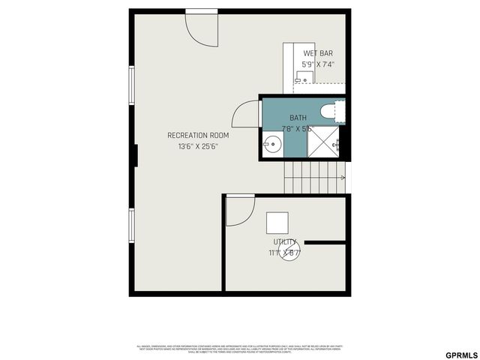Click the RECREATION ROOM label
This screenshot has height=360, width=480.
(198, 135)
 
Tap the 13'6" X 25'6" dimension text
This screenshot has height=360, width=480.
(198, 147)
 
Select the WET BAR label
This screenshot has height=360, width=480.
(318, 53)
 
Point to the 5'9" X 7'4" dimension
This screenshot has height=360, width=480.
(318, 64)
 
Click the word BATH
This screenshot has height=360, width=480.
(298, 118)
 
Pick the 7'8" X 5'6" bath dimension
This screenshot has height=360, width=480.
(296, 128)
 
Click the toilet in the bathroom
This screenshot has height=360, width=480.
(331, 112)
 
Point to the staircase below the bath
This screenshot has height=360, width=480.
(313, 178)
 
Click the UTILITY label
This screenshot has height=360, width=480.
(285, 241)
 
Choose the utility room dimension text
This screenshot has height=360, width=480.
(284, 253)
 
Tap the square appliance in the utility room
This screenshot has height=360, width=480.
(277, 223)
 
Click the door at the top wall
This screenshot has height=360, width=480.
(201, 25)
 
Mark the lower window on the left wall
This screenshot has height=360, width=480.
(132, 226)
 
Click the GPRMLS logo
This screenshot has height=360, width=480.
(460, 353)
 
